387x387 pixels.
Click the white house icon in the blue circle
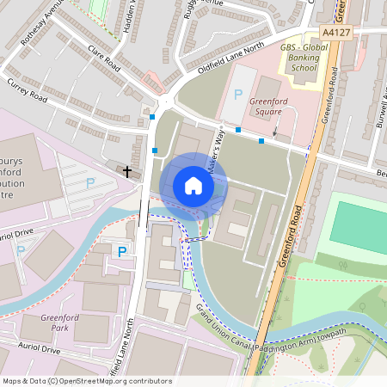coord(193,186)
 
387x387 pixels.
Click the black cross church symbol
coord(127,171)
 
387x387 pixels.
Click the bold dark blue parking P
coord(121,251)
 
